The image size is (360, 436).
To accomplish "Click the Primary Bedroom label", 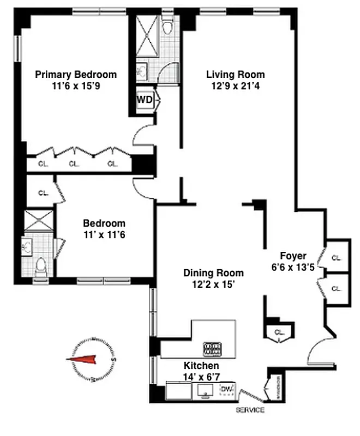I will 76,75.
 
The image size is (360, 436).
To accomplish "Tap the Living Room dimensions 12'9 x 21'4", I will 235,86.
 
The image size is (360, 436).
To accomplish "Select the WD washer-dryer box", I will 145,100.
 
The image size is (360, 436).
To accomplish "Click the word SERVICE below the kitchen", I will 250,410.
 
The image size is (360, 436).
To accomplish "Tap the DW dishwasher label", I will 226,389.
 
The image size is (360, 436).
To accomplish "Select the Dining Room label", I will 213,273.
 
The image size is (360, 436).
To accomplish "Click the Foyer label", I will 293,256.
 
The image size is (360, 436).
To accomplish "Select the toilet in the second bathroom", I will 40,265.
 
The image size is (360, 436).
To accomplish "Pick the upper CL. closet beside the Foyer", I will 337,258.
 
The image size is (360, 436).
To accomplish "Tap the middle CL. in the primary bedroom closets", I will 74,163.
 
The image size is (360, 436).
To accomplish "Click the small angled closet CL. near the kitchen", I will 280,331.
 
